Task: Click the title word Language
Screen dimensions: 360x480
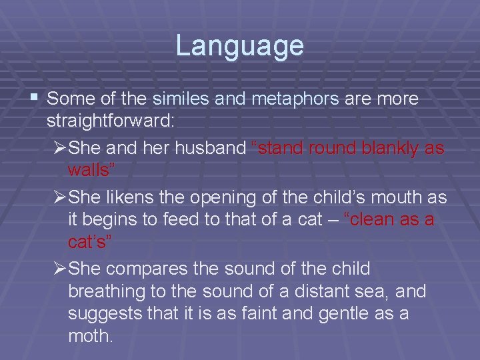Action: [x=239, y=46]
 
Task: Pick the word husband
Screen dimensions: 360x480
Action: [x=210, y=148]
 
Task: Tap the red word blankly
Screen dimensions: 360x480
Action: [x=388, y=148]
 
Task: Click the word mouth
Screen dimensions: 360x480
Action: [x=401, y=197]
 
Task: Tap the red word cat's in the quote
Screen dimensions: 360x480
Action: [x=90, y=241]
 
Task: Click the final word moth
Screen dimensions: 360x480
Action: [x=91, y=336]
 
